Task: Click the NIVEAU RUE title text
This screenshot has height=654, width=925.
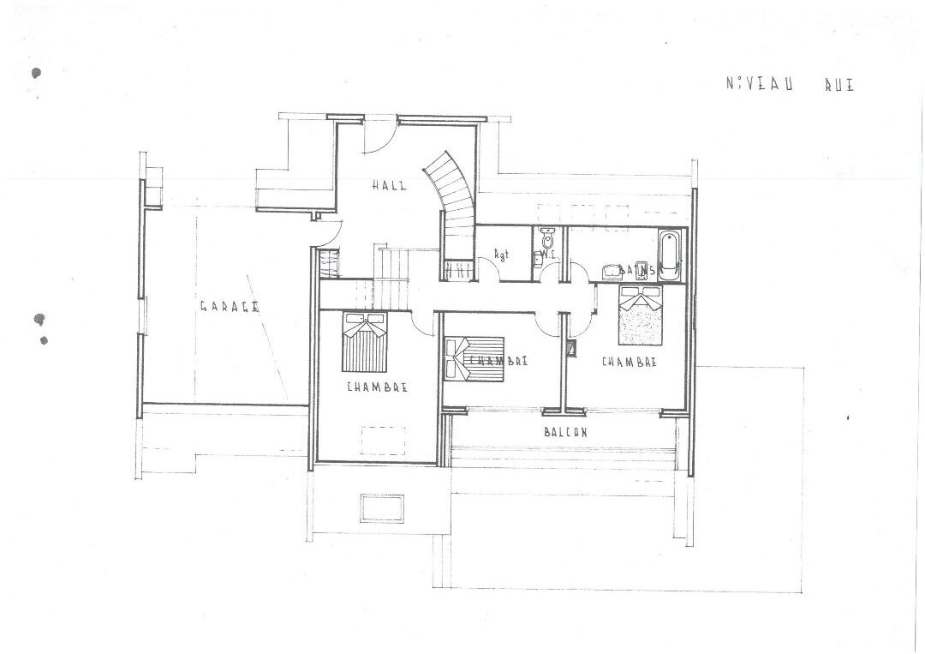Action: pos(789,84)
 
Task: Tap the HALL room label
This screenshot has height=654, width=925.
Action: pos(389,185)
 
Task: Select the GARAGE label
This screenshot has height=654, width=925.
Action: pos(230,306)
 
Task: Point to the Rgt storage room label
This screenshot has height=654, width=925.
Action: pos(503,255)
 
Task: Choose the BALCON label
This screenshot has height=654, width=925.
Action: pos(565,432)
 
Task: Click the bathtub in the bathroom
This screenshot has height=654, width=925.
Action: pos(670,255)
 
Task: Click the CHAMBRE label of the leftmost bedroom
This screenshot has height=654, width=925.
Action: pos(377,387)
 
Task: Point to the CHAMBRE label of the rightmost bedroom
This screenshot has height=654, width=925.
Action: pos(630,362)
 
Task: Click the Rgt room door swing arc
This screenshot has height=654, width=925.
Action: pos(488,272)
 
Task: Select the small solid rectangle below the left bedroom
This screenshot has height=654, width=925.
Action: pos(382,507)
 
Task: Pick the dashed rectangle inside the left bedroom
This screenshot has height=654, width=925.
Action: pos(383,441)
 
